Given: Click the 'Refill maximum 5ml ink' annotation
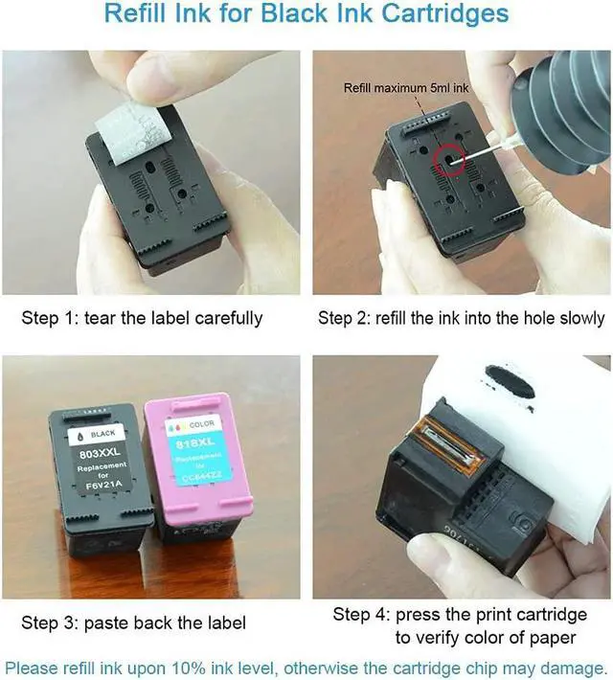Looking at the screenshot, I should (406, 87).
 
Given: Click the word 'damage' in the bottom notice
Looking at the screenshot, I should (572, 668).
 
